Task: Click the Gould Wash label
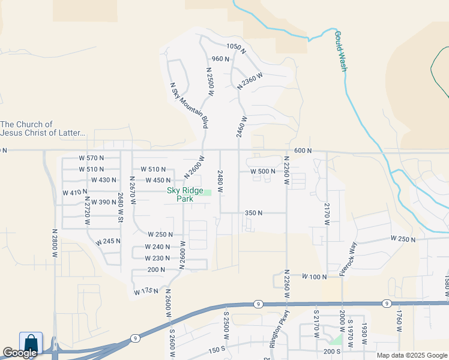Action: coord(341,52)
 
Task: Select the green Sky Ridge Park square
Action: coord(206,192)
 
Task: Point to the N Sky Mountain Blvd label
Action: coord(189,105)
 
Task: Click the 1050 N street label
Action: coord(237,47)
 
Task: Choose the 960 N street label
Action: coord(221,59)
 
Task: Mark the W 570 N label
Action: coord(91,158)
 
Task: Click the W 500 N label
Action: coord(262,171)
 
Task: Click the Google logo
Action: coord(20,353)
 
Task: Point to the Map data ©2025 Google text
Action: coord(411,355)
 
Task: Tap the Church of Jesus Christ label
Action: coord(43,128)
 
